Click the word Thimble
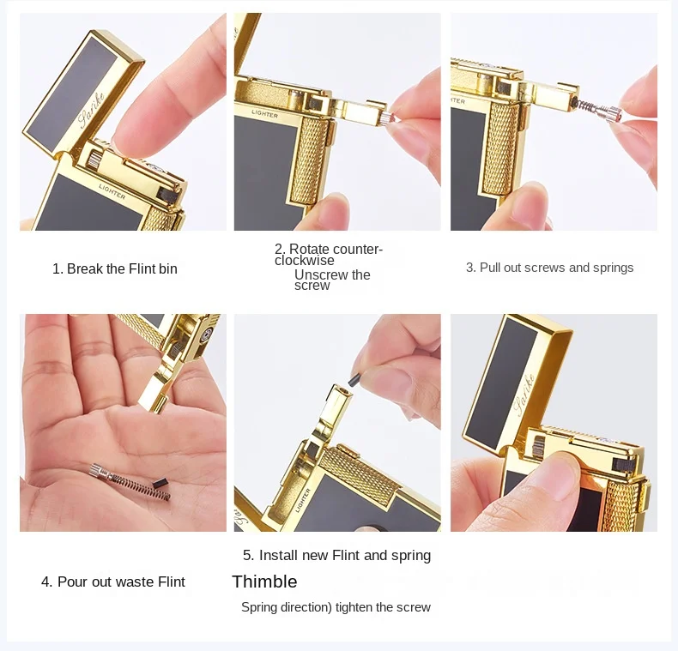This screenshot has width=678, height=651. (264, 582)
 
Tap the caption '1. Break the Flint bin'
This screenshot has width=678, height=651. (115, 268)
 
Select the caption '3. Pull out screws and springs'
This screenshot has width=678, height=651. (549, 268)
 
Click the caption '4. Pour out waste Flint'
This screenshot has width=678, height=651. (112, 582)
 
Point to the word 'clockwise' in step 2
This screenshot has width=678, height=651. (305, 261)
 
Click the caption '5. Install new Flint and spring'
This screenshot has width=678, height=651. (336, 555)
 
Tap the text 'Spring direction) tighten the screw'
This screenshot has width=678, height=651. (336, 607)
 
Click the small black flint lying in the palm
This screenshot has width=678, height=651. (160, 483)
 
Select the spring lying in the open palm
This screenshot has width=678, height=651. (138, 485)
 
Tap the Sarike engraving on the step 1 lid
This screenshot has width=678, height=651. (91, 110)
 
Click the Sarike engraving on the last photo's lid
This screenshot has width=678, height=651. (524, 394)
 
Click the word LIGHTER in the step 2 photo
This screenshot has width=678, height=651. (264, 114)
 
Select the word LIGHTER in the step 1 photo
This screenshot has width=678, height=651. (112, 191)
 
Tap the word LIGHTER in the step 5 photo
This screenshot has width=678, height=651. (303, 500)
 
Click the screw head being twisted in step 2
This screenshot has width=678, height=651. (386, 118)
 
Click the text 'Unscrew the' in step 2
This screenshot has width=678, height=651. (332, 275)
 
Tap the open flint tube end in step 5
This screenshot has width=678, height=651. (342, 390)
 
